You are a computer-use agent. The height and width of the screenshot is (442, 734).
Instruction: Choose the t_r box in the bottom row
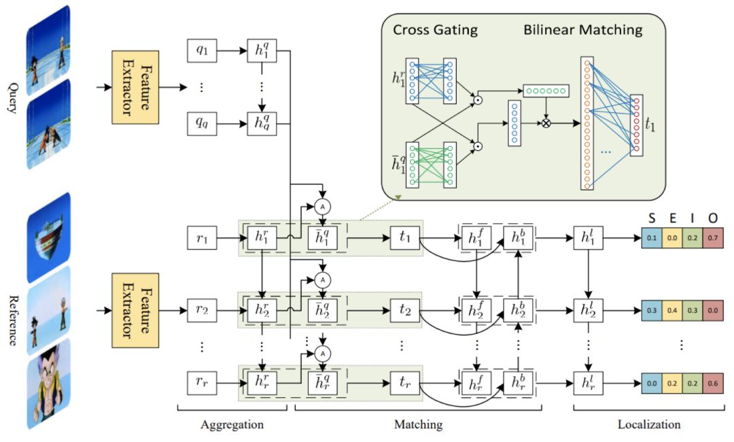click(x=405, y=384)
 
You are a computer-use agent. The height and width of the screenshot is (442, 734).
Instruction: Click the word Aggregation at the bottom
click(x=232, y=425)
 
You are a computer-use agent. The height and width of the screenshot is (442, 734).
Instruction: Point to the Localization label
click(x=649, y=425)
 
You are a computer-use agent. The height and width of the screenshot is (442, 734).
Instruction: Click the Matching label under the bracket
click(x=418, y=425)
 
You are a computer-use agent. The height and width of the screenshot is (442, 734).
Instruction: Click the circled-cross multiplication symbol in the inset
click(x=546, y=124)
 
